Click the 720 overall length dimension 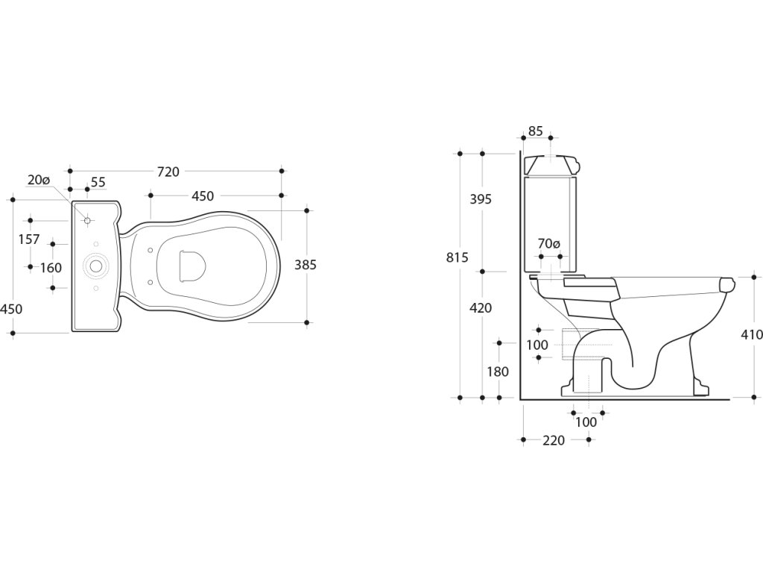point(168,172)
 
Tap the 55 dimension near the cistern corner point(98,182)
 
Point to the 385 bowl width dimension point(305,265)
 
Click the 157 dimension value point(29,239)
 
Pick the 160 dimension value point(51,267)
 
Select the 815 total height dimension point(457,257)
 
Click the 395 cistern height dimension point(480,199)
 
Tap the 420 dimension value point(480,308)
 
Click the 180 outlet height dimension point(498,372)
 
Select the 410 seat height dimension point(750,335)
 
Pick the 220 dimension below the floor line point(553,441)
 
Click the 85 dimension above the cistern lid point(535,131)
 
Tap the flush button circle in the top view point(95,266)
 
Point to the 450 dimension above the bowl point(203,196)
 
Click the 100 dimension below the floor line point(587,422)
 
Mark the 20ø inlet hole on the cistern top point(87,220)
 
